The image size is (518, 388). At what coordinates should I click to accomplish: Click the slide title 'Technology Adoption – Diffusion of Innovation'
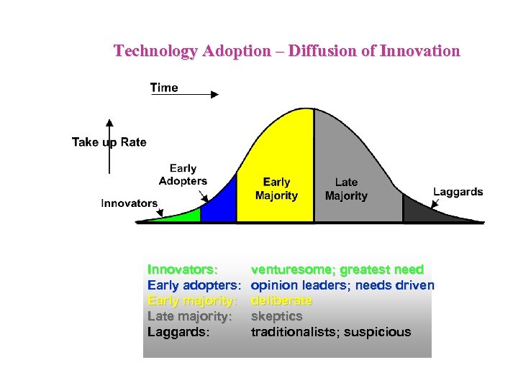click(286, 51)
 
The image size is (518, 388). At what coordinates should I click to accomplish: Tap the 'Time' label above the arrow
click(164, 88)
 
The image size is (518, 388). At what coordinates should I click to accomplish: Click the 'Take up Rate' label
click(109, 142)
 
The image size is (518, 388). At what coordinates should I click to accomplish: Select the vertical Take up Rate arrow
click(109, 147)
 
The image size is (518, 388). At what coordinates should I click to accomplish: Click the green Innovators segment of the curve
click(183, 215)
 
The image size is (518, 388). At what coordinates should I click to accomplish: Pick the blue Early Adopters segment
click(220, 203)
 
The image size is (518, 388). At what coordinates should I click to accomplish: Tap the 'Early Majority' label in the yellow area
click(276, 189)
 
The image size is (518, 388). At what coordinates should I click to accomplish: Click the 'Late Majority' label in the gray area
click(346, 189)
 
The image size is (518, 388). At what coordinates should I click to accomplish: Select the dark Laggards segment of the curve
click(424, 211)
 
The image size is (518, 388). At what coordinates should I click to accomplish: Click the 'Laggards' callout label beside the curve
click(458, 192)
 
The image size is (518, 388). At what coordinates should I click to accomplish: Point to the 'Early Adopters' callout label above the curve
click(183, 175)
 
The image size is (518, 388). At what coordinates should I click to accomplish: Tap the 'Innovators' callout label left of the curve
click(129, 203)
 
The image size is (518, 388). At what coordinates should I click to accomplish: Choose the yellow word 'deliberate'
click(281, 300)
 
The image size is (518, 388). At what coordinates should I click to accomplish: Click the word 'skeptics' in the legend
click(276, 316)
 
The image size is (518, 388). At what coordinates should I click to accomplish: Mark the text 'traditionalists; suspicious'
click(331, 332)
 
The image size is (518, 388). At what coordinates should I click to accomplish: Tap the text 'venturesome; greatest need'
click(337, 269)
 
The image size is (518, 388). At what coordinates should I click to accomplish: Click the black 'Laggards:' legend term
click(178, 332)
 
